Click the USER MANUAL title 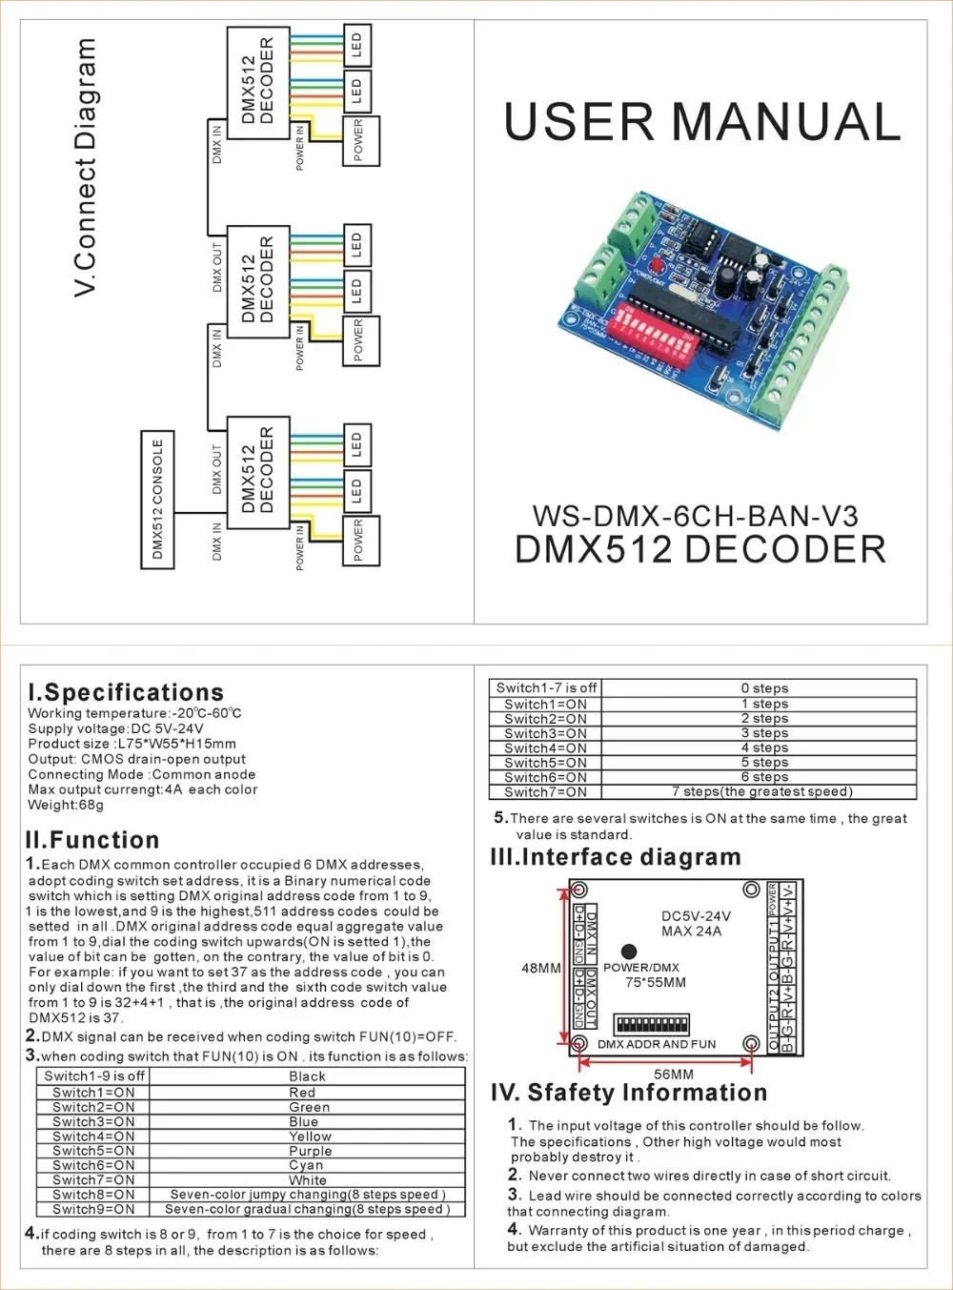point(701,123)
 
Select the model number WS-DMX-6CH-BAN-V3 point(695,517)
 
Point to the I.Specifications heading point(126,692)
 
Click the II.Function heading point(92,840)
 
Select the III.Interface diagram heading point(616,857)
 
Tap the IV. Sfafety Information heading point(629,1093)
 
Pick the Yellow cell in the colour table point(310,1136)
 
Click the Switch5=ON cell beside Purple point(93,1151)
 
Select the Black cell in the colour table point(308,1076)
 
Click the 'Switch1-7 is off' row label point(546,687)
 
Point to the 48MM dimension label point(540,968)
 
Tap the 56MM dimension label point(674,1074)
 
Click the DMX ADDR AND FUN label point(657,1044)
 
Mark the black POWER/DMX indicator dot point(629,951)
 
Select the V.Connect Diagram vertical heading point(85,167)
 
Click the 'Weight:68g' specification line point(66,805)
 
